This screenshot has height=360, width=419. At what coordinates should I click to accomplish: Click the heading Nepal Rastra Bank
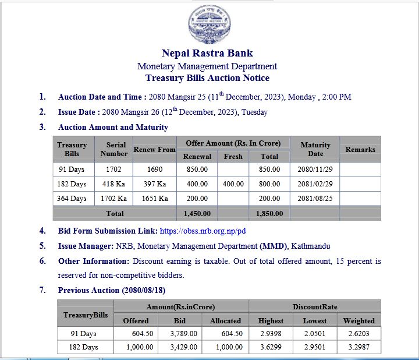(207, 54)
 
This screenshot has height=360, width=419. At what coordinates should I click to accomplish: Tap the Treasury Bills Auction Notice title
(207, 78)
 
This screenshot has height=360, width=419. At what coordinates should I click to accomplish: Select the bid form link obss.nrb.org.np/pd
(203, 231)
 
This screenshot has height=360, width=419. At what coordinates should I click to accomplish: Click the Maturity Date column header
(315, 149)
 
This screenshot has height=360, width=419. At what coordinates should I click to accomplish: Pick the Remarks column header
(360, 150)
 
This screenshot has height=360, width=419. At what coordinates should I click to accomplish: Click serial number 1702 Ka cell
(113, 199)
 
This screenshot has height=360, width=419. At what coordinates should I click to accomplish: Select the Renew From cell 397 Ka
(155, 184)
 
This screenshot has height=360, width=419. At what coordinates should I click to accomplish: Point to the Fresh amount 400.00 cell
(233, 184)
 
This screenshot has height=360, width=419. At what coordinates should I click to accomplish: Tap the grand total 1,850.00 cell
(269, 214)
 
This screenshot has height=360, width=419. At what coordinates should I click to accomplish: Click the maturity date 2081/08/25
(315, 199)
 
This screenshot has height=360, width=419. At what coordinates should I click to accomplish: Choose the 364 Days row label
(72, 199)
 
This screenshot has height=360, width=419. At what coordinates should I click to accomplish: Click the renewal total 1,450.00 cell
(197, 214)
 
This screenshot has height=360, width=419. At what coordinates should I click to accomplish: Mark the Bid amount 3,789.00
(184, 334)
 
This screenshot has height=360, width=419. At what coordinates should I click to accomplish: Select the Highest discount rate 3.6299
(271, 347)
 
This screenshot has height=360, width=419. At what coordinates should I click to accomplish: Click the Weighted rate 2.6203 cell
(359, 334)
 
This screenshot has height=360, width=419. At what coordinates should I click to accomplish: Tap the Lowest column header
(315, 320)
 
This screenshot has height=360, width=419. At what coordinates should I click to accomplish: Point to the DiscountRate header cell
(315, 307)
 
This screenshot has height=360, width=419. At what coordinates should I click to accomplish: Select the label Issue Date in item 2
(78, 112)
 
